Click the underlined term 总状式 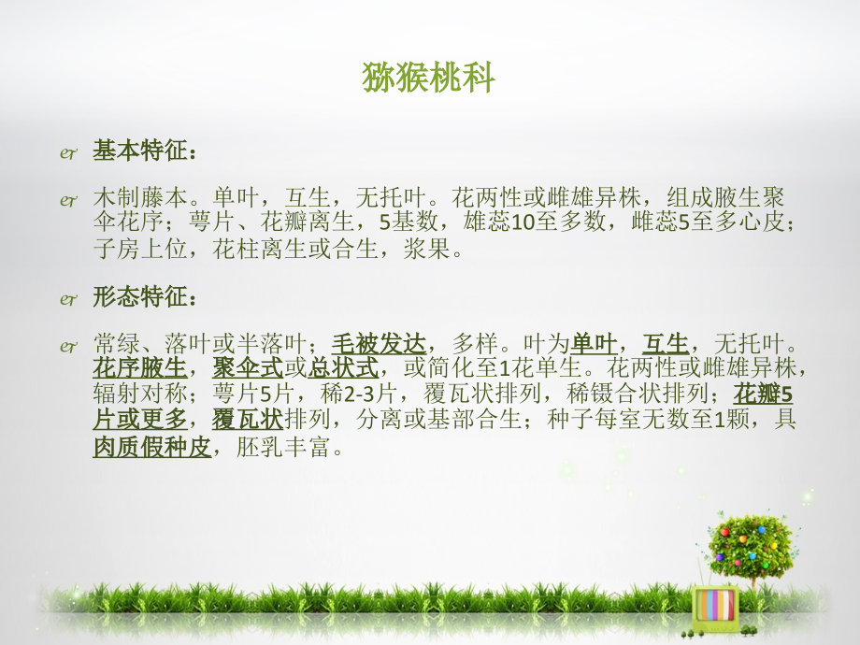pos(343,367)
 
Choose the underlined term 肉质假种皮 pos(152,448)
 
